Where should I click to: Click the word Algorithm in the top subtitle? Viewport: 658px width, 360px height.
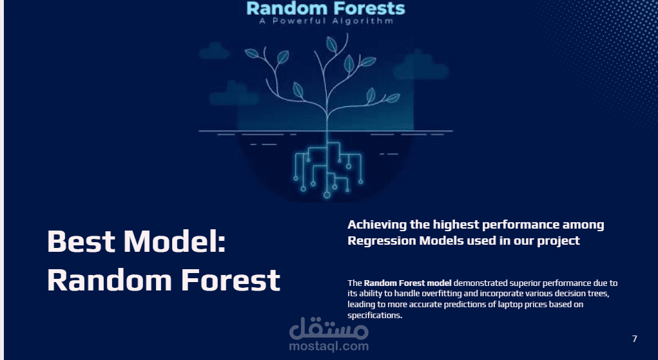tap(363, 21)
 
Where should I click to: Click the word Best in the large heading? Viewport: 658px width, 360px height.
tap(81, 242)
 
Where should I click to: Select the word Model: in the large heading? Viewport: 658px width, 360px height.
tap(175, 242)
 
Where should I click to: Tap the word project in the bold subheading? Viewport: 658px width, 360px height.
tap(559, 241)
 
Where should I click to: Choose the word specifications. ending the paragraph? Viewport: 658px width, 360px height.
tap(374, 316)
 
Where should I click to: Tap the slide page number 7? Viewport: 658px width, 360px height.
tap(635, 339)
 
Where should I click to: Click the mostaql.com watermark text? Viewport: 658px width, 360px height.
tap(329, 346)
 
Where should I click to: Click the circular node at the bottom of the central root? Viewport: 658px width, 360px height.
tap(327, 194)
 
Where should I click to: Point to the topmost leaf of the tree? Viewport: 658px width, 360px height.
tap(331, 44)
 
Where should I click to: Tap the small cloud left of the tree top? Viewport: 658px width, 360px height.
tap(214, 50)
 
